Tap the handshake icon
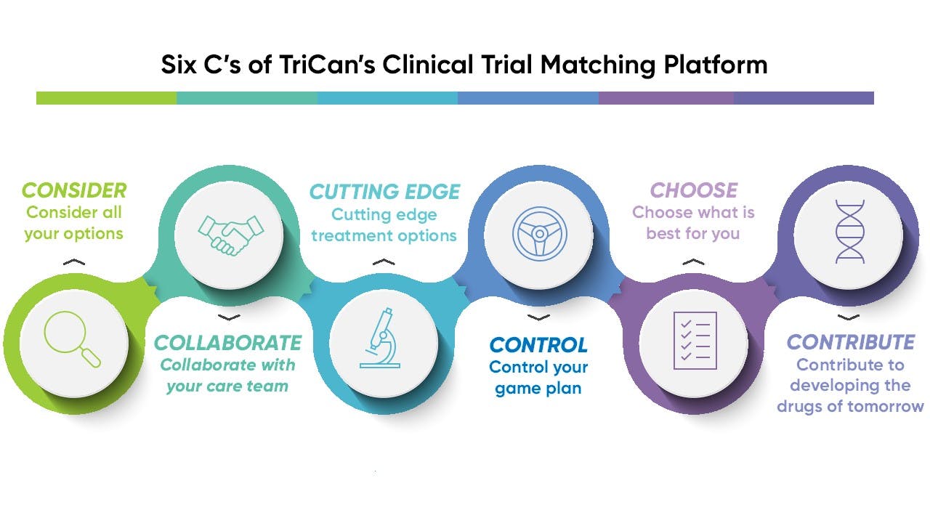point(229,232)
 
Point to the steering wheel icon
point(538,232)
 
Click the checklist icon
point(695,339)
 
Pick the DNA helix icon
point(849,232)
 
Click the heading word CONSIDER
point(74,191)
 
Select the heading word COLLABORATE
point(228,343)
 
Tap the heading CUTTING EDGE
point(384,192)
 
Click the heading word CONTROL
point(538,344)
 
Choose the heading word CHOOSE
point(693,190)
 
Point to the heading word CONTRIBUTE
point(850,342)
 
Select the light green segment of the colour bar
point(106,98)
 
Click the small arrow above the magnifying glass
point(73,262)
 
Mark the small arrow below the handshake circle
point(229,317)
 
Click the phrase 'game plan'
point(538,389)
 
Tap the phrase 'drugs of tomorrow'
point(850,407)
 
